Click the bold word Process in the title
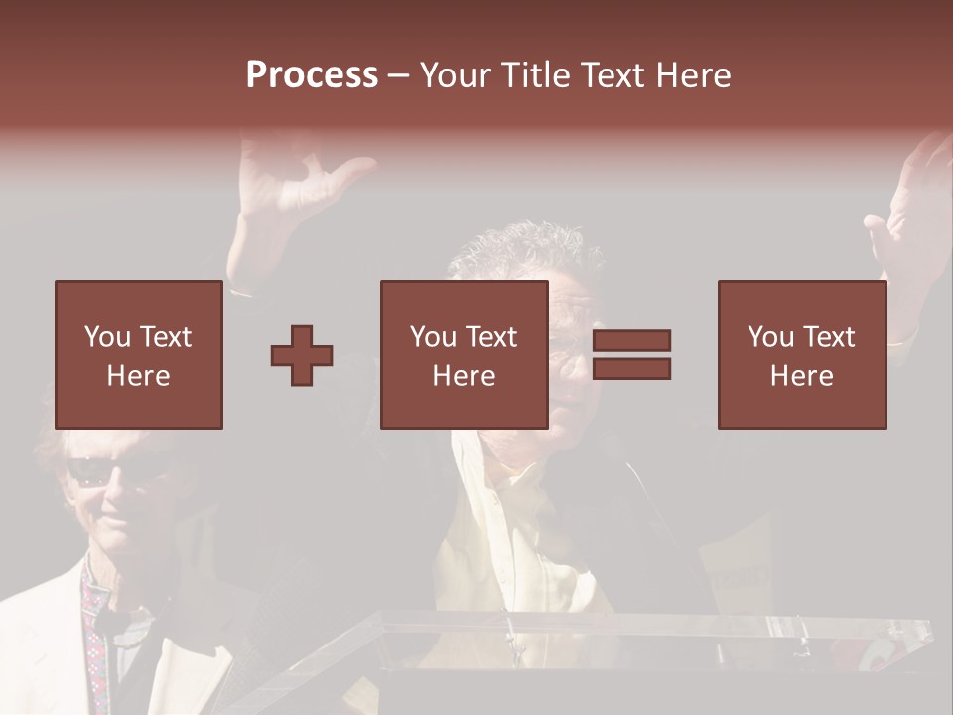312,75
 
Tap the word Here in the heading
691,75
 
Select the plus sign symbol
302,356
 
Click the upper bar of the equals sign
631,340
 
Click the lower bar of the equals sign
631,369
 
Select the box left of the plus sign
138,355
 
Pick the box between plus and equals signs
464,355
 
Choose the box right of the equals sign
801,355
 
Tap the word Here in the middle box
464,375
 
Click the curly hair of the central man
526,248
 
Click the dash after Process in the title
399,75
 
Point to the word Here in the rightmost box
801,375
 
